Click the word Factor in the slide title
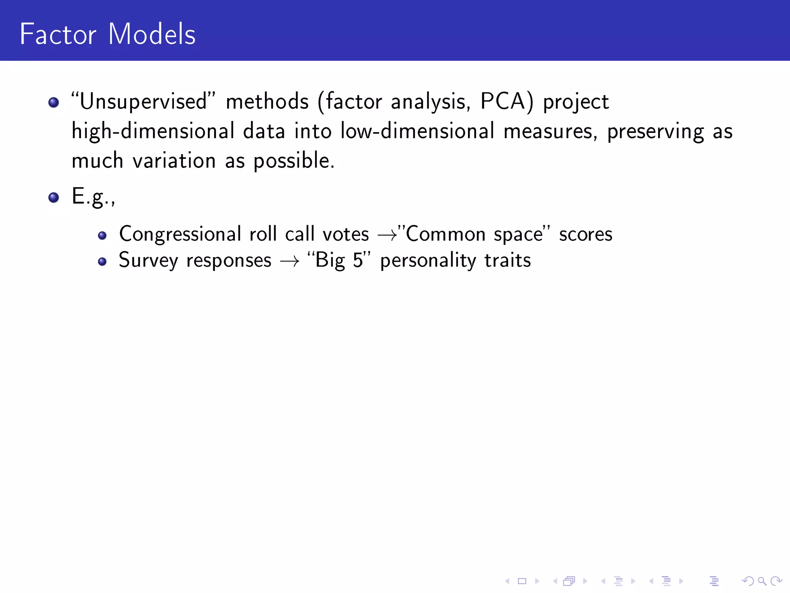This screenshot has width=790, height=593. click(x=58, y=34)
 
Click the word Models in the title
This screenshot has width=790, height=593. click(x=152, y=34)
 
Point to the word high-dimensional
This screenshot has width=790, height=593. click(x=153, y=131)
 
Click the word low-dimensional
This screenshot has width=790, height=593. click(x=417, y=131)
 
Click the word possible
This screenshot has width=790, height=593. click(x=294, y=161)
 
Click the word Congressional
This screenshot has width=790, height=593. click(x=180, y=234)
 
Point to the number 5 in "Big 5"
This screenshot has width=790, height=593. click(x=358, y=260)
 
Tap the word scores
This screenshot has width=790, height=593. click(x=586, y=234)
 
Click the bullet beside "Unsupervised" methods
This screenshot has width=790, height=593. click(x=54, y=102)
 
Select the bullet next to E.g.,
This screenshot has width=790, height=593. click(x=54, y=198)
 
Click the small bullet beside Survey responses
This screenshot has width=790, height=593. click(x=102, y=262)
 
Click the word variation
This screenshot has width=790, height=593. click(x=174, y=160)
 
